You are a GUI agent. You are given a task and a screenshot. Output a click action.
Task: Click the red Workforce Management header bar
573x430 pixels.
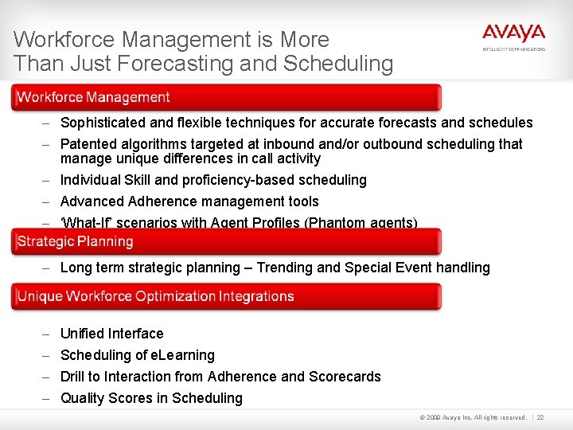point(226,97)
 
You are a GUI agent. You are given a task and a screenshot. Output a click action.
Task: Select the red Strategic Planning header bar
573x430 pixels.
point(226,241)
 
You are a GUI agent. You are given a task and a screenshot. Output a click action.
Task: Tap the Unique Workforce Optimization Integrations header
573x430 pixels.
point(226,296)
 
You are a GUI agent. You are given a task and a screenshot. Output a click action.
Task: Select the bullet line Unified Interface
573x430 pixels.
point(111,334)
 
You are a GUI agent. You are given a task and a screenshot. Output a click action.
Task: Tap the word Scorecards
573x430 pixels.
point(345,377)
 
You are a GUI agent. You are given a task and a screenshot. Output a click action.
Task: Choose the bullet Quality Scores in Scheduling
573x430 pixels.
point(151,398)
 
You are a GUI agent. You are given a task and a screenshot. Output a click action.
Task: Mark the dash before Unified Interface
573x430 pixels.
point(47,334)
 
